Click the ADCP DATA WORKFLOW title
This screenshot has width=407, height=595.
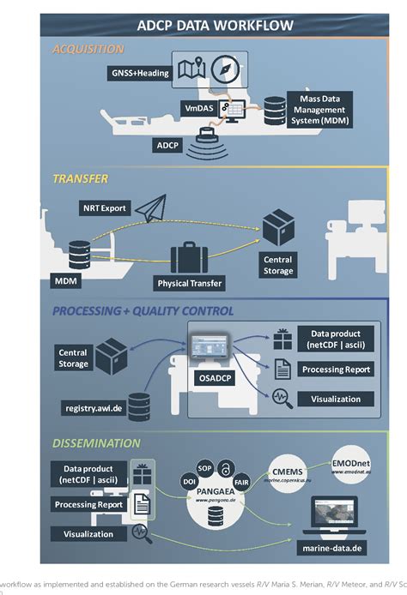coord(216,26)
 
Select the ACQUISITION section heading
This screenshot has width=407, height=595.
coord(88,49)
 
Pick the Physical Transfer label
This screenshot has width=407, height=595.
coord(191,283)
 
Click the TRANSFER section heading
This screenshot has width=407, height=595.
coord(81,180)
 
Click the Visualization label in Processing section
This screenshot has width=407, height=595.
coord(334,399)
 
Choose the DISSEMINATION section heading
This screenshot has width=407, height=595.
coord(96,443)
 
